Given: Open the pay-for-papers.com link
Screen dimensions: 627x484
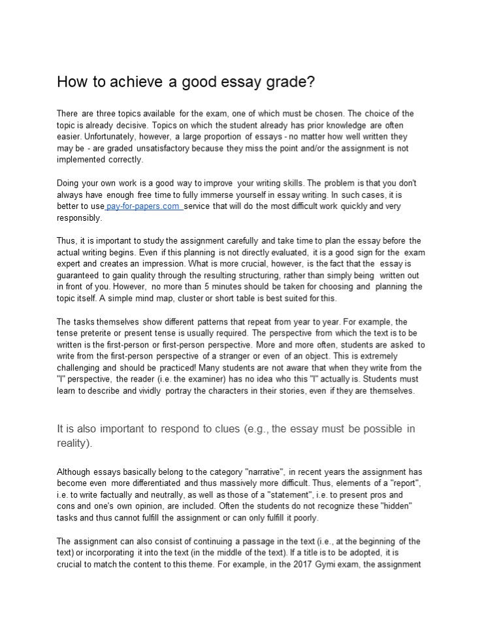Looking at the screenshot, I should tap(143, 206).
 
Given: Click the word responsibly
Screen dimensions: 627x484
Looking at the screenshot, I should tap(79, 218).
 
